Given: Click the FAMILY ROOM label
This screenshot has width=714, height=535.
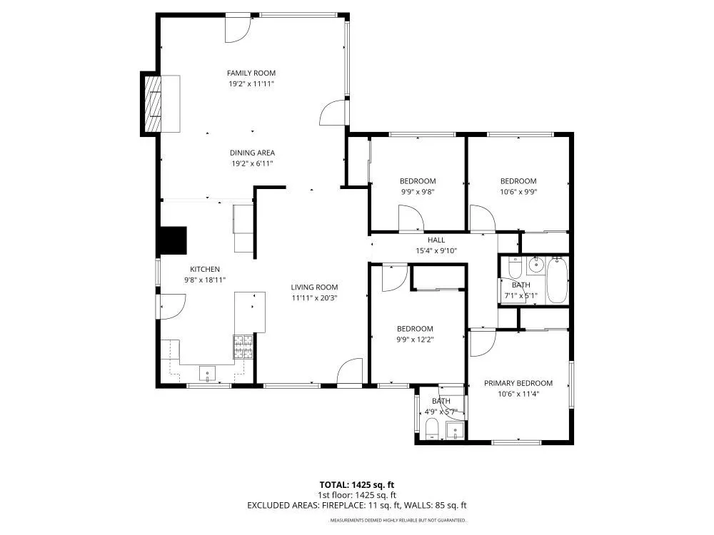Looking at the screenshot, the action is click(x=251, y=73).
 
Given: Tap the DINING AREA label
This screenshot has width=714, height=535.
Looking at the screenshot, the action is click(x=252, y=153).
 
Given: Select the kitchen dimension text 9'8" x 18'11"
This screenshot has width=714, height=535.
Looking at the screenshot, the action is click(x=205, y=280).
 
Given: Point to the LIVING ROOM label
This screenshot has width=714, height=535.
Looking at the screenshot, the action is click(x=314, y=287).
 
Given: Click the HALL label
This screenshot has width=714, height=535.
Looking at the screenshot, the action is click(x=436, y=240).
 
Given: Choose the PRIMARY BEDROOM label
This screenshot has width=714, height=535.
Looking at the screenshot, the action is click(x=518, y=383).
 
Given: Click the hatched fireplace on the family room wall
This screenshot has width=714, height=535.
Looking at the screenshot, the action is click(x=153, y=103).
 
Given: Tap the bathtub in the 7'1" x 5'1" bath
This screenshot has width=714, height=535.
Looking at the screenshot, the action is click(x=557, y=280).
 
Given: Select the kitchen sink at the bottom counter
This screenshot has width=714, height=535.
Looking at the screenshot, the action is click(x=208, y=374).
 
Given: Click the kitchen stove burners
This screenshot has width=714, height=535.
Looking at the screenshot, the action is click(x=243, y=347).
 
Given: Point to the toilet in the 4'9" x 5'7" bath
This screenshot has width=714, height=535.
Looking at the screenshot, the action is click(x=431, y=429).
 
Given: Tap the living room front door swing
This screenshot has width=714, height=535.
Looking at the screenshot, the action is click(x=349, y=371).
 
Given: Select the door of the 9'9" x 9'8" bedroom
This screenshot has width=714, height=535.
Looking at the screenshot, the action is click(x=411, y=218).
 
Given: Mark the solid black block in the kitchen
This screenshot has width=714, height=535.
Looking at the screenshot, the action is click(x=172, y=240).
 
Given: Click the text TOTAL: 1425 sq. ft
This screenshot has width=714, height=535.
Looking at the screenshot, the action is click(x=356, y=485).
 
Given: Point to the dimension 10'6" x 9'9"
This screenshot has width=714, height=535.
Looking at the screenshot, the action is click(x=518, y=192).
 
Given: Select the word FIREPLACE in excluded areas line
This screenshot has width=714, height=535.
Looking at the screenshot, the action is click(x=343, y=505).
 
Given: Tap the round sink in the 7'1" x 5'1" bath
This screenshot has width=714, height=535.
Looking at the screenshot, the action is click(x=536, y=264).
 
